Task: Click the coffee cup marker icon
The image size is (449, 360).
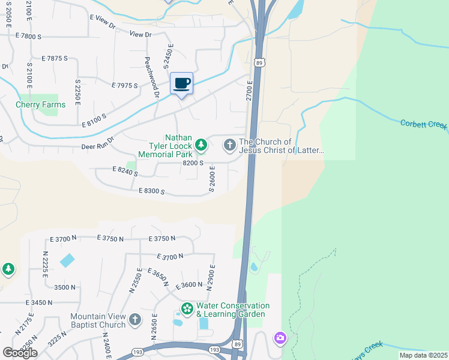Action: coord(181,83)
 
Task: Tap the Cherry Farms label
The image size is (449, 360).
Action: coord(40,104)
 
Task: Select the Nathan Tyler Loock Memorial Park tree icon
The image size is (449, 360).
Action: coord(201,145)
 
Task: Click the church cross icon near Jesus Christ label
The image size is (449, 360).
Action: coord(229,145)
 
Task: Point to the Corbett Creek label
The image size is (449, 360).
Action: coord(424,124)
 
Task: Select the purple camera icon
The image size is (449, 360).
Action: coord(280,338)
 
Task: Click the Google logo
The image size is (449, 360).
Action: coord(19,352)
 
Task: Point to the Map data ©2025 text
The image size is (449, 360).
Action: coord(423,355)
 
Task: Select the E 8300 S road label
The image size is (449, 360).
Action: coord(151,191)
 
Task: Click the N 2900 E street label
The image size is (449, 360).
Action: coord(211,277)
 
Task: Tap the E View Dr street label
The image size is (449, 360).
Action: coord(102,22)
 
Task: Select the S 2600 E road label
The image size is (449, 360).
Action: coord(211,181)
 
